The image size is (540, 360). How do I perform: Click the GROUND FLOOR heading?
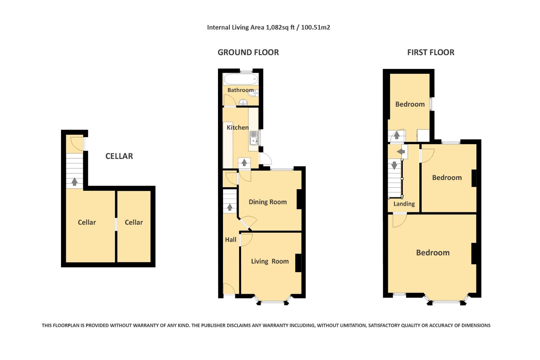pos(248,52)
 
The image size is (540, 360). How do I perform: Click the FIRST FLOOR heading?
pos(430,52)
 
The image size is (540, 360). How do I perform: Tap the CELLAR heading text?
pos(119,156)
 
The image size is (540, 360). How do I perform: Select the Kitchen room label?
pos(237,127)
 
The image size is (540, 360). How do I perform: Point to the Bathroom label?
pos(240,90)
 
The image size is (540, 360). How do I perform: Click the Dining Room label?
pos(268,202)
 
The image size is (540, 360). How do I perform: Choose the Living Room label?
pos(270,261)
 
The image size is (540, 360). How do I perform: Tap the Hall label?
pos(230,240)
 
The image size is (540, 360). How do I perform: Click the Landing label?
pos(404,204)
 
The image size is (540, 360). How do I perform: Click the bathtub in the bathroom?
pos(240,79)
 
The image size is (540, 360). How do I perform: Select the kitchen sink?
pos(254,138)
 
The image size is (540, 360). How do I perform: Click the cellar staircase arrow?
pos(74,182)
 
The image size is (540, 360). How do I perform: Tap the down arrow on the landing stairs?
pos(394,165)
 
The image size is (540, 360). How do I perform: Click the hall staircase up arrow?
pos(230,207)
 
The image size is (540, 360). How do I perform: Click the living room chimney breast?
pos(298,263)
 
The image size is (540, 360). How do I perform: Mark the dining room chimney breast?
pos(299,199)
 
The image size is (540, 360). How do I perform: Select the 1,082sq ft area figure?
pos(280,27)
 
